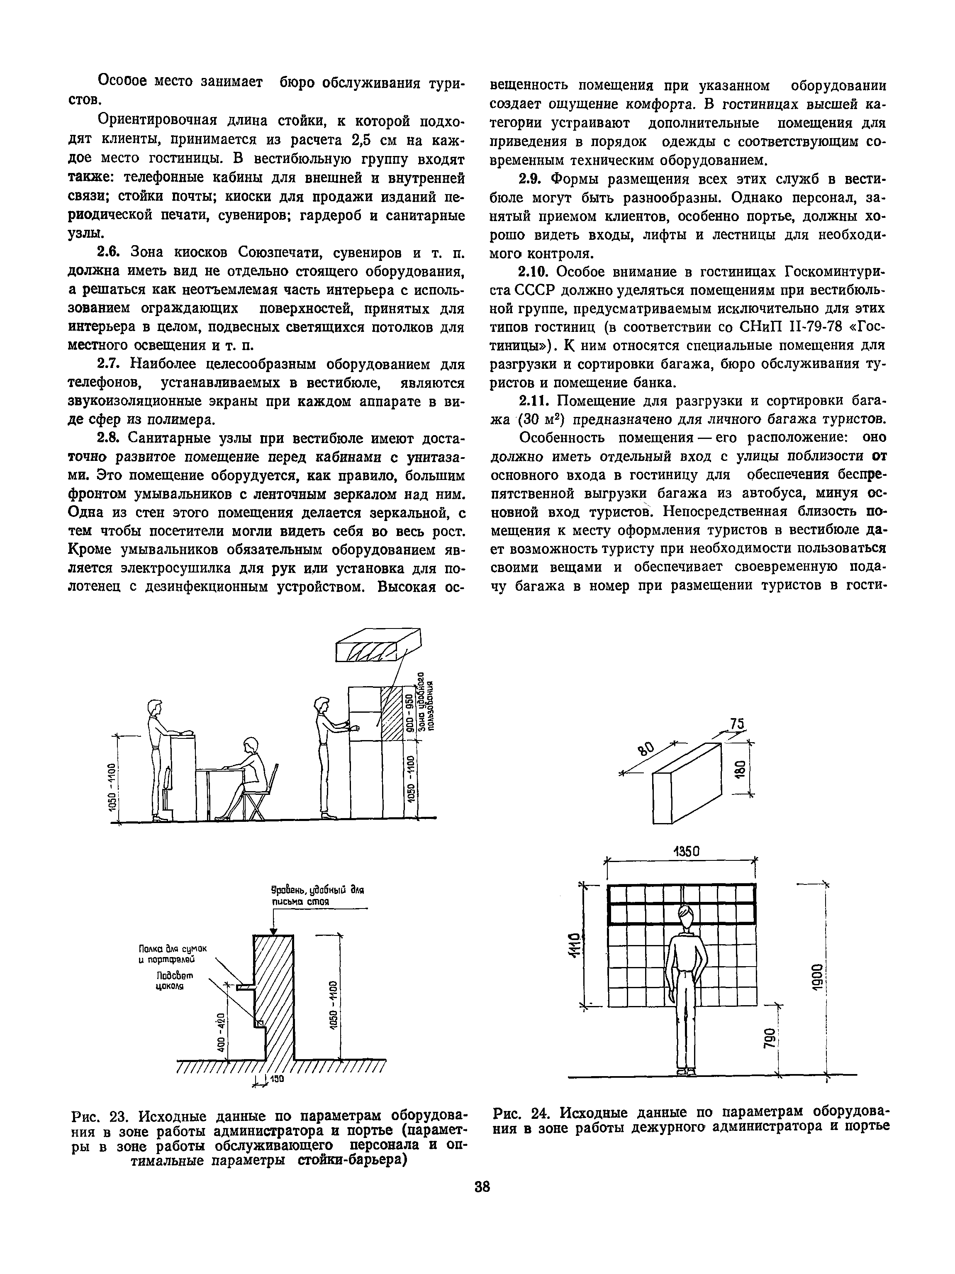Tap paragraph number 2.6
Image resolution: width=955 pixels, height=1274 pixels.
109,252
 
